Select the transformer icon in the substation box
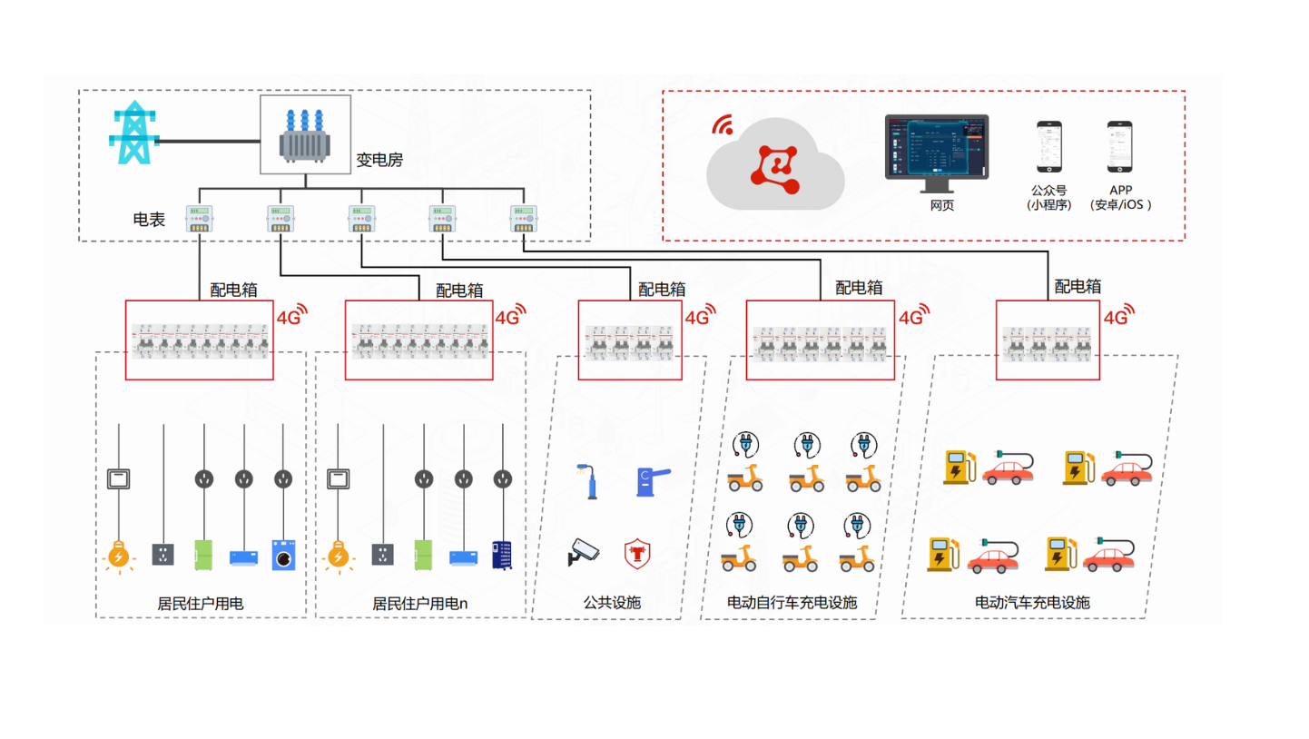pos(305,136)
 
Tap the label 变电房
pos(379,160)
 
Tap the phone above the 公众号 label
pos(1049,147)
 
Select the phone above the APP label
pos(1119,147)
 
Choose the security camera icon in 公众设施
pos(583,551)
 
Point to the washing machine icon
pos(284,555)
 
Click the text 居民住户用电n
pos(419,603)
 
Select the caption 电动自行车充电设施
pos(792,603)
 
